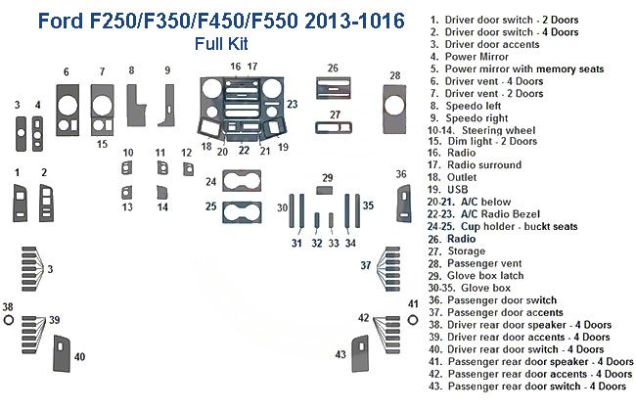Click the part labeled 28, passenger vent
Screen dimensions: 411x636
394,109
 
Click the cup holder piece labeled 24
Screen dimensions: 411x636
243,181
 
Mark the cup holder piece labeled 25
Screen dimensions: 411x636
243,209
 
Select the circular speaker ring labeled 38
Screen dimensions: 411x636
8,321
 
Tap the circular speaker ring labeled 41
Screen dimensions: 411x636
412,321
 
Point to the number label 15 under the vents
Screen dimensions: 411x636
101,144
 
